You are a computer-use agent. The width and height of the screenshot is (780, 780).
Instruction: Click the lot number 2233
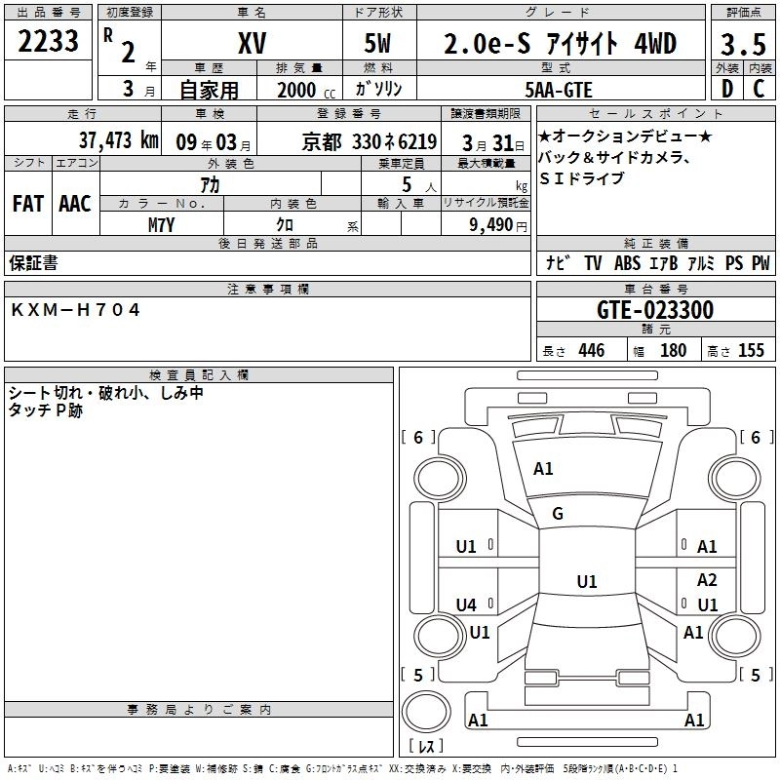pyautogui.click(x=49, y=42)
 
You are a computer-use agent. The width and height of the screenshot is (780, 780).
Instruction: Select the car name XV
pyautogui.click(x=251, y=44)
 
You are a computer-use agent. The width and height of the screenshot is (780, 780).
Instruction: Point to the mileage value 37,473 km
pyautogui.click(x=118, y=140)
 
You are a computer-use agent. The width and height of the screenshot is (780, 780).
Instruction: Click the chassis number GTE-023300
pyautogui.click(x=654, y=311)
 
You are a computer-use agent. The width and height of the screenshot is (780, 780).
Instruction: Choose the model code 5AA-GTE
pyautogui.click(x=560, y=89)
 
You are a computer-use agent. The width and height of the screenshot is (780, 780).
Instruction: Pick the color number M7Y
pyautogui.click(x=162, y=224)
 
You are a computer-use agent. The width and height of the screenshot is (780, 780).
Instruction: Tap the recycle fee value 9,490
pyautogui.click(x=492, y=225)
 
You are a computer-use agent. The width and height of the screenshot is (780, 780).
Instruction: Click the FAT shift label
pyautogui.click(x=27, y=204)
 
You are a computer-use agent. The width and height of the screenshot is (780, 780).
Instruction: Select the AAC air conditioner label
pyautogui.click(x=75, y=204)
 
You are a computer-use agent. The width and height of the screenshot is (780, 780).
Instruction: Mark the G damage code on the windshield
pyautogui.click(x=558, y=514)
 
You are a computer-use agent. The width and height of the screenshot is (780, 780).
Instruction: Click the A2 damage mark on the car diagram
pyautogui.click(x=707, y=579)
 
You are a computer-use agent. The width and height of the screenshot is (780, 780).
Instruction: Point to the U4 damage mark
pyautogui.click(x=466, y=605)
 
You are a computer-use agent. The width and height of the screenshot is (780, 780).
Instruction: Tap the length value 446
pyautogui.click(x=591, y=351)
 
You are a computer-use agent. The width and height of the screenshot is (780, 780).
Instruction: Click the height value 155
pyautogui.click(x=751, y=351)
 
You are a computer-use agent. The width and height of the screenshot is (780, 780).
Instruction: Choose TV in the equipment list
pyautogui.click(x=593, y=263)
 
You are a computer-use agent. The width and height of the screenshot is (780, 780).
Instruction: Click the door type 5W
pyautogui.click(x=378, y=44)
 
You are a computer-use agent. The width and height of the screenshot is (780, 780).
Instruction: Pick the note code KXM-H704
pyautogui.click(x=76, y=309)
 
